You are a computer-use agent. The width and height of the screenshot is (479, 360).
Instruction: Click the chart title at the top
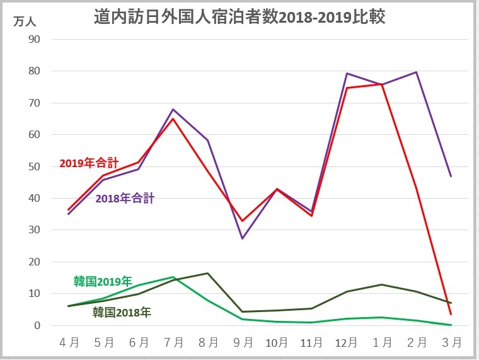[x=239, y=17]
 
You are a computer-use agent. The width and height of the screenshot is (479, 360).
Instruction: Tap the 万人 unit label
[x=25, y=20]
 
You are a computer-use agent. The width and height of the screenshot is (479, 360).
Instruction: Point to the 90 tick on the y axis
[x=33, y=39]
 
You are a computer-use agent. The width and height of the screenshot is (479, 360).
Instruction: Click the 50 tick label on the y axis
[x=33, y=166]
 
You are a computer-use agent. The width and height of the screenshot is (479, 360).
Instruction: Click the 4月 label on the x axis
[x=69, y=343]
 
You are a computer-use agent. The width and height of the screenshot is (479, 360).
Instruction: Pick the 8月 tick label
[x=208, y=343]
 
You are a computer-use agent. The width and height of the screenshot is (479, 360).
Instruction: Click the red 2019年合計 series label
[x=89, y=163]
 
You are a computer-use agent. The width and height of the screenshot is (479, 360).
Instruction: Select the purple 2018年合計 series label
[x=125, y=199]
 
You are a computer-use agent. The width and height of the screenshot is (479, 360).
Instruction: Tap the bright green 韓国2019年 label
[x=103, y=281]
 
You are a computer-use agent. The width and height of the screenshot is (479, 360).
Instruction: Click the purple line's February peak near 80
[x=417, y=72]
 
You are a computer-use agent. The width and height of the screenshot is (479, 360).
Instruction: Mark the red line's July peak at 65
[x=173, y=119]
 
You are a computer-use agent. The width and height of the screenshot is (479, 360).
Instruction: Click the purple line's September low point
[x=243, y=238]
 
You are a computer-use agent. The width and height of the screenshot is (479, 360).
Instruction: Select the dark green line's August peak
[x=208, y=273]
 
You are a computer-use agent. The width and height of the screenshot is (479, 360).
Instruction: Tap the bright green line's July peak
[x=173, y=277]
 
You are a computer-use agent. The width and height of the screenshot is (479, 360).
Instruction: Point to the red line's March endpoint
[x=451, y=314]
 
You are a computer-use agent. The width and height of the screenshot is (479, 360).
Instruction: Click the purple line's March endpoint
[x=451, y=176]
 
